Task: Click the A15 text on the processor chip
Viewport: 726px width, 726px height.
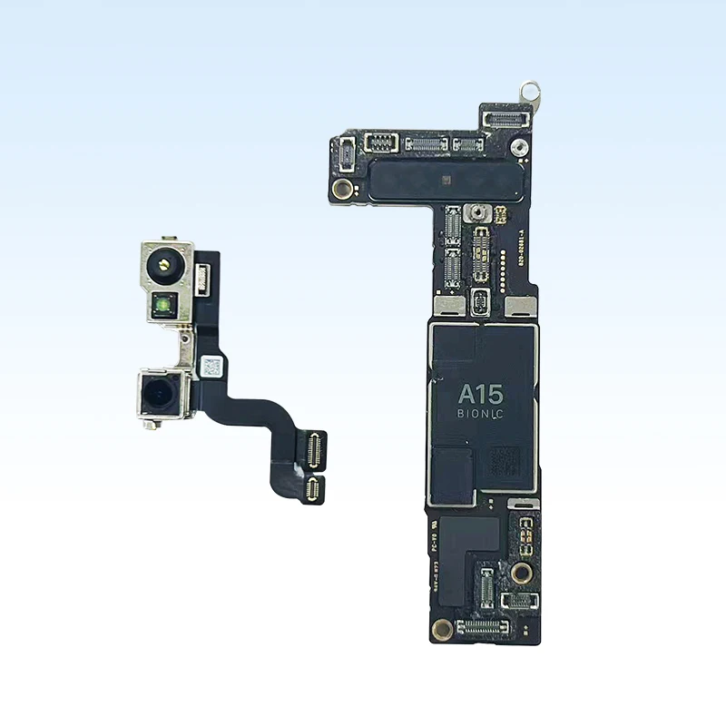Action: [480, 394]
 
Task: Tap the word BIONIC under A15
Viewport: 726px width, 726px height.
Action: [480, 414]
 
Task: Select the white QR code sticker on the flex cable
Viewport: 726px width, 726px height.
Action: [211, 367]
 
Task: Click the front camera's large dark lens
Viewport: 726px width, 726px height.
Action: [160, 394]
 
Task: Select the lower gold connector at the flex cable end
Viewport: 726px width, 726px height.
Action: [313, 490]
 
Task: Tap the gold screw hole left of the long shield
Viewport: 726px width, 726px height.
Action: [342, 189]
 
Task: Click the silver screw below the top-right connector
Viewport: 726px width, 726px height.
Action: [517, 148]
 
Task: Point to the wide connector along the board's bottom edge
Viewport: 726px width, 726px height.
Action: [483, 626]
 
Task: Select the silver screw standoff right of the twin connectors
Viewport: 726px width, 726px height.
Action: [476, 215]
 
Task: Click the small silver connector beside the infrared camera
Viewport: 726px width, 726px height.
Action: [202, 272]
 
